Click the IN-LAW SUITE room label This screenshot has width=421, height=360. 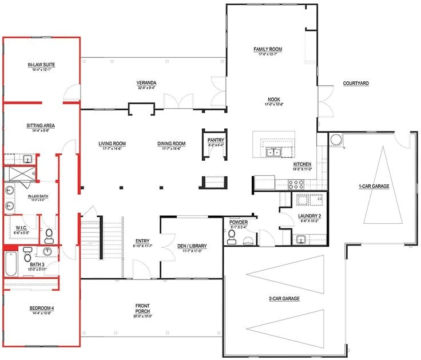(x=41, y=65)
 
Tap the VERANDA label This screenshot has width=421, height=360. (x=146, y=82)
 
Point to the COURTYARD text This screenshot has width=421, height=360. (x=356, y=84)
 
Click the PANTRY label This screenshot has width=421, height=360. (x=216, y=140)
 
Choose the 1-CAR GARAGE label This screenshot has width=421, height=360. (x=374, y=187)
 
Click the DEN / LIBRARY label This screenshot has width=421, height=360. (x=192, y=246)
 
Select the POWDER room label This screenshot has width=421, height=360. (x=238, y=222)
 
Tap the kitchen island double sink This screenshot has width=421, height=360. (x=273, y=152)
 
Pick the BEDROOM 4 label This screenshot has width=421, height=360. (x=41, y=309)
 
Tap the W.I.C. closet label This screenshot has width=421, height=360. (x=22, y=228)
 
